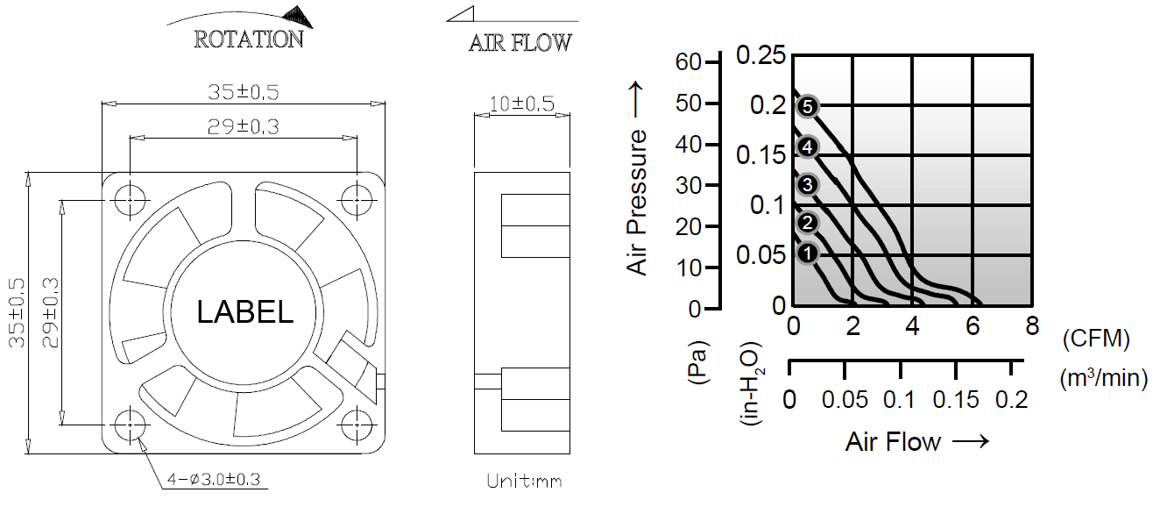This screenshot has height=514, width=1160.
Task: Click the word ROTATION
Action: [248, 39]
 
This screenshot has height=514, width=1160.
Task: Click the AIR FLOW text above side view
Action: [520, 43]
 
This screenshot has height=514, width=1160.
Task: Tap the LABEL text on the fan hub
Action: [244, 312]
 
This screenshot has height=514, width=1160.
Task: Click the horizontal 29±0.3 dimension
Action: [243, 127]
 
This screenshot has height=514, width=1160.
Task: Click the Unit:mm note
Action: [524, 482]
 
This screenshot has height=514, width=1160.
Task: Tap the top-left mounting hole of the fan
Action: [130, 200]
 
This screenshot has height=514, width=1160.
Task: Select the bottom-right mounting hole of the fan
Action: [357, 425]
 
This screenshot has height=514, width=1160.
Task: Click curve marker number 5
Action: [808, 107]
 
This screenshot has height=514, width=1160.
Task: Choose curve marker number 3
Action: [808, 184]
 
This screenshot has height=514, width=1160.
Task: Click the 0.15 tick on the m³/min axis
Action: [956, 400]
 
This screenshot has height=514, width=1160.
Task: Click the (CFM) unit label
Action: [1094, 339]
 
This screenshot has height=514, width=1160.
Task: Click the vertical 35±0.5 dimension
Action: [18, 313]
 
